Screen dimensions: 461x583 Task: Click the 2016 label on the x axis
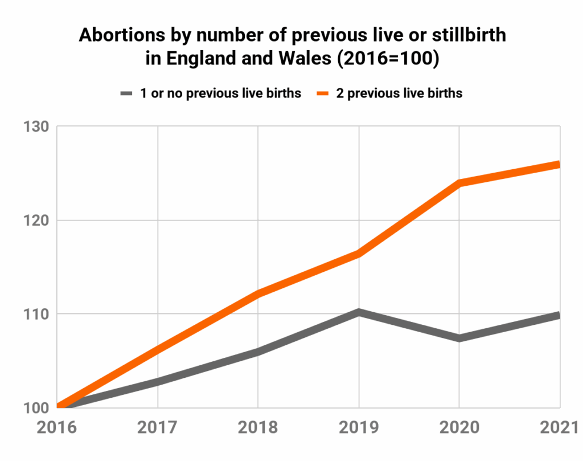pyautogui.click(x=58, y=428)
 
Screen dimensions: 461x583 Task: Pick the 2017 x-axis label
pyautogui.click(x=158, y=428)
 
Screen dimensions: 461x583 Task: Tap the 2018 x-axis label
pyautogui.click(x=258, y=428)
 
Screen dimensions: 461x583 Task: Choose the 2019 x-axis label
pyautogui.click(x=359, y=428)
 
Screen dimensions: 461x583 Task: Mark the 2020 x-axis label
pyautogui.click(x=459, y=428)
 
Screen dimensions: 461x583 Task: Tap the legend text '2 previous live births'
pyautogui.click(x=399, y=93)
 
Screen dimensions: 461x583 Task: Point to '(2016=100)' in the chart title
pyautogui.click(x=390, y=59)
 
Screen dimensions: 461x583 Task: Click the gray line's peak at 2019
pyautogui.click(x=359, y=312)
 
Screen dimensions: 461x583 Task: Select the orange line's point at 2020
pyautogui.click(x=459, y=183)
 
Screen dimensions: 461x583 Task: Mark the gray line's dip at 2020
pyautogui.click(x=459, y=338)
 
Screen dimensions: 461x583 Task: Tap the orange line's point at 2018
pyautogui.click(x=258, y=293)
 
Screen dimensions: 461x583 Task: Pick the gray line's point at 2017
pyautogui.click(x=158, y=381)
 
